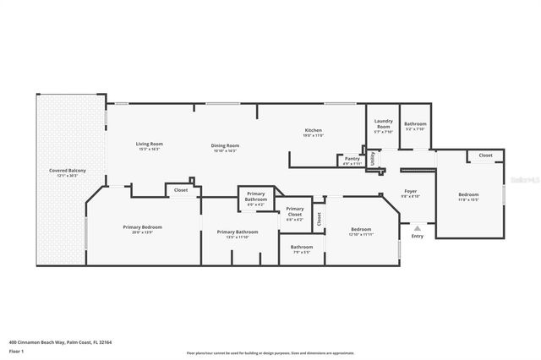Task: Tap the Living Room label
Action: (x=150, y=144)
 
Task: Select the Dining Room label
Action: (x=226, y=145)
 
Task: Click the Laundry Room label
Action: (x=383, y=123)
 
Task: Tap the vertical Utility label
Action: (x=371, y=158)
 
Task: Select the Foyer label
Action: (x=410, y=191)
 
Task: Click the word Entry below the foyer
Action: (x=417, y=236)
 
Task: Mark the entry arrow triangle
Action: (x=417, y=226)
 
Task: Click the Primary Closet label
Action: (x=294, y=212)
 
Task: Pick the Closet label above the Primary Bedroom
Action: (x=181, y=190)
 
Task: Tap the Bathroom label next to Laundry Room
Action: (x=415, y=123)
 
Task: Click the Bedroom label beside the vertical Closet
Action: (x=361, y=228)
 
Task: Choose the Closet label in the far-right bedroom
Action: (x=485, y=155)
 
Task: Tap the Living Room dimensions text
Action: (x=150, y=149)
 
